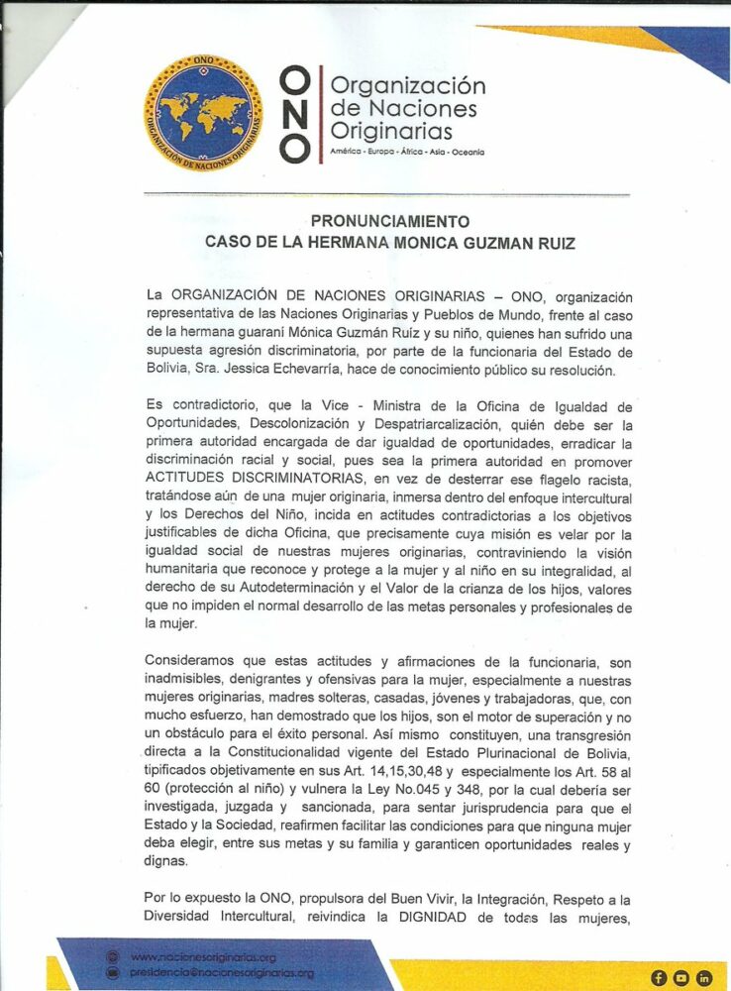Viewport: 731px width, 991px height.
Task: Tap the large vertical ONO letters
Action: [x=294, y=114]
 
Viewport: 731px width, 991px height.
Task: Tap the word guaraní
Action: [x=261, y=333]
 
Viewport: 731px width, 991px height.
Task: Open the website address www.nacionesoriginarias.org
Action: [x=203, y=957]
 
